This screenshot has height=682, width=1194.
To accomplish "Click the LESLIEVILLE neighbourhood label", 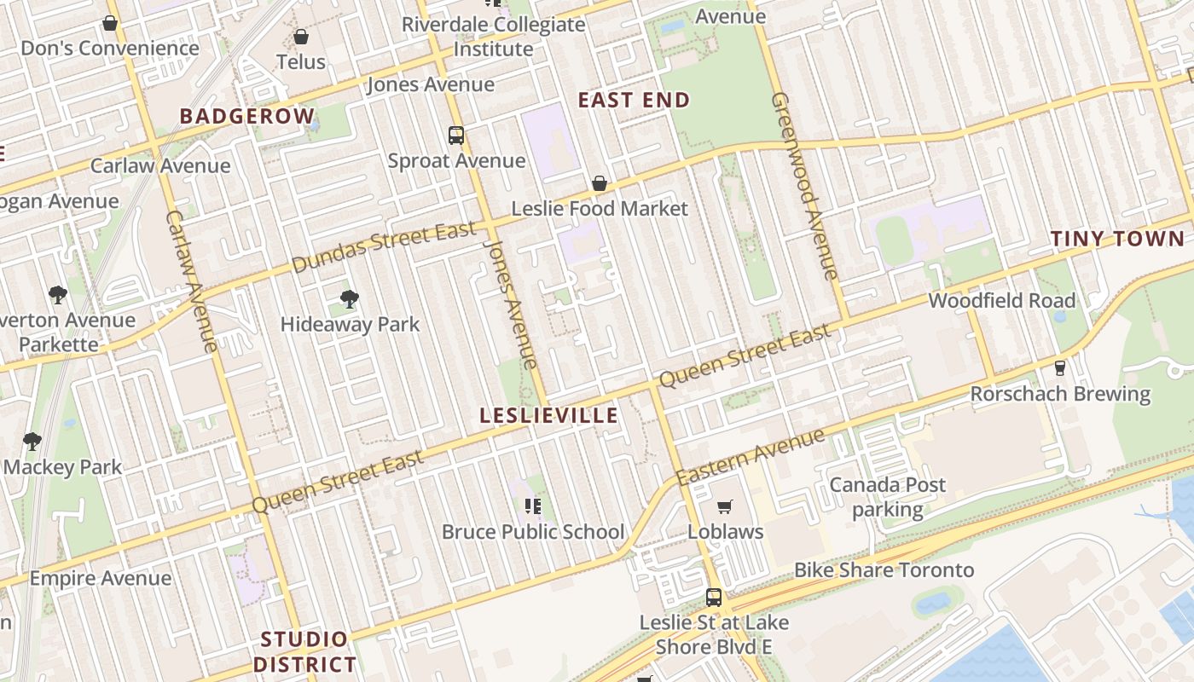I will point(548,415).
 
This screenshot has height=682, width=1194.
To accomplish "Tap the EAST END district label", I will point(634,100).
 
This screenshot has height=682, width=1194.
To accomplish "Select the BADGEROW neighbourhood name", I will point(246,116).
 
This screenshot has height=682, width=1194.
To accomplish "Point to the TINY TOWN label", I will point(1117,239).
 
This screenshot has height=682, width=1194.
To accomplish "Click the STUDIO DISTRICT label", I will point(304,651).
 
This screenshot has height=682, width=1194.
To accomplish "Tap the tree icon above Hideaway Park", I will point(349,299).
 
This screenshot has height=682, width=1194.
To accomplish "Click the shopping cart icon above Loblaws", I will point(725,507).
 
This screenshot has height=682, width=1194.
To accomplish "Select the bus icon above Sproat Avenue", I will point(456,135).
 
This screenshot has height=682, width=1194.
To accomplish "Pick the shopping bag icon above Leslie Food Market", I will point(600,183).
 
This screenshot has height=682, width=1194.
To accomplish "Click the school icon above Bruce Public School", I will point(533,507).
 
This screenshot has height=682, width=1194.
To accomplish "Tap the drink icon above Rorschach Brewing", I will point(1060,368).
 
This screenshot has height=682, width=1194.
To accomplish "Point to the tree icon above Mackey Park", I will point(32,442).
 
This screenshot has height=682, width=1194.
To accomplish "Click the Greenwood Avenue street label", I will point(804,186).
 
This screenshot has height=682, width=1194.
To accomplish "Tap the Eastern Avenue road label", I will point(751,458).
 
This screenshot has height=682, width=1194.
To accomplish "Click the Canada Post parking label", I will point(888,497).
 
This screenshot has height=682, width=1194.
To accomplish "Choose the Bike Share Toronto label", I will point(884,569).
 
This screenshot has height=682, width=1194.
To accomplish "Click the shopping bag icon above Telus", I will point(300,37).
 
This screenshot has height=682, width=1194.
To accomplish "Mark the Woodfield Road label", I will point(1001,300).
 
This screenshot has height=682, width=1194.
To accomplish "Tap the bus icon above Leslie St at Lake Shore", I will point(714,598).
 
